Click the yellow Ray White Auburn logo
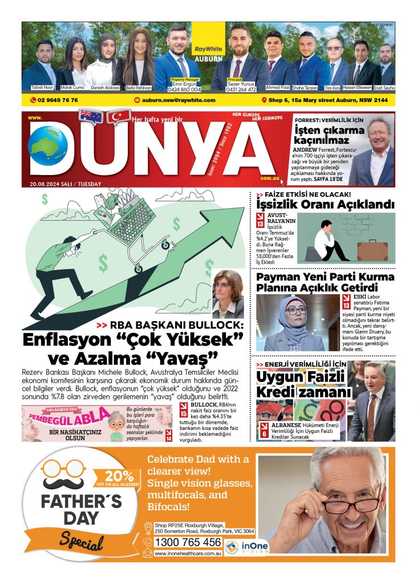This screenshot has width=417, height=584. click(x=208, y=40)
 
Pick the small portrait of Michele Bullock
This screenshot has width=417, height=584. click(x=228, y=294)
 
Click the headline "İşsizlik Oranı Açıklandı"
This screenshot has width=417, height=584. click(x=325, y=205)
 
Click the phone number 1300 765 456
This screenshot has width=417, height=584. click(x=188, y=542)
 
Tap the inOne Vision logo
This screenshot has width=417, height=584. click(x=246, y=547)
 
